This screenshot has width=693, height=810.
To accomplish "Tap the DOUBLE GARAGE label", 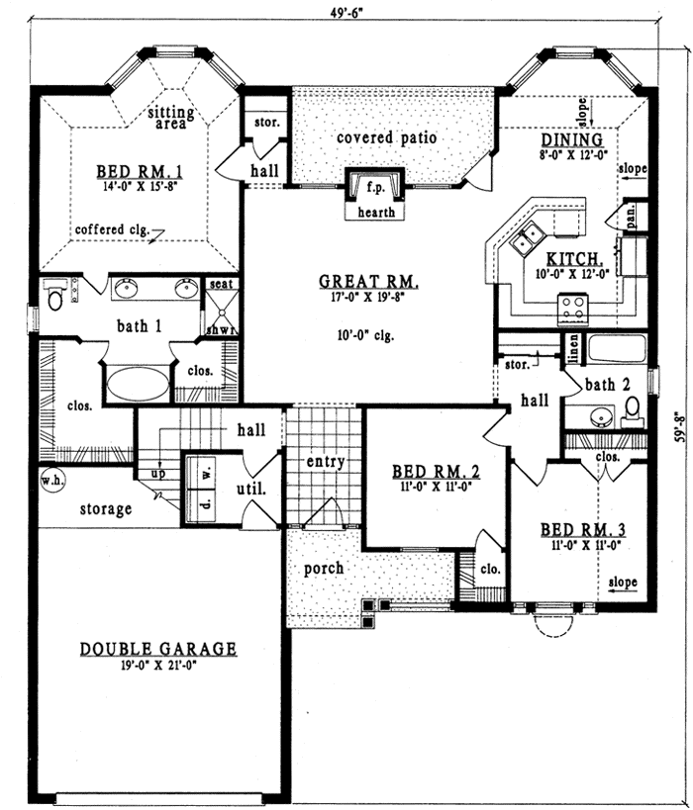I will [x=158, y=649].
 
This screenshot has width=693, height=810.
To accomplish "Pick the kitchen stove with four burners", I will [x=573, y=309].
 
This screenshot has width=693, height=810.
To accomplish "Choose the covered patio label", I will [x=386, y=137].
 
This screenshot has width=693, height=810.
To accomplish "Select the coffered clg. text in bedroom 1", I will [x=110, y=230].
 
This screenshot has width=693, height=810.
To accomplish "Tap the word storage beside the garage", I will [x=105, y=509].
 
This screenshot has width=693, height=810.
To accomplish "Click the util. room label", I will [x=247, y=489].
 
